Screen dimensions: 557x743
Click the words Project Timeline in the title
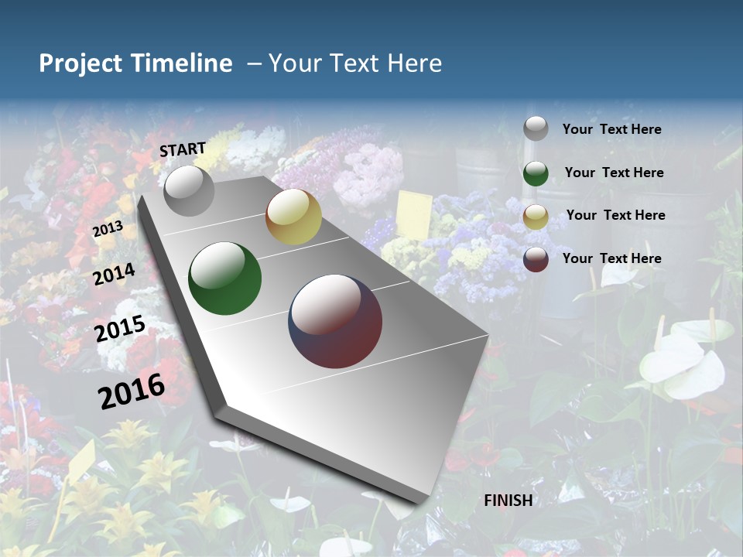135,63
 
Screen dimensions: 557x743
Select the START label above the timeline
183,149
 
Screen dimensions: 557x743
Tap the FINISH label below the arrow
508,501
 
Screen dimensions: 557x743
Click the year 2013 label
108,229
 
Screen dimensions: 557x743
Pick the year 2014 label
114,274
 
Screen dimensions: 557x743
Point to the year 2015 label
120,330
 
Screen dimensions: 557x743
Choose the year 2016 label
132,391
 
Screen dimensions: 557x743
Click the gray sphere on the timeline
189,190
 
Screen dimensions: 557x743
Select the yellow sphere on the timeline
293,217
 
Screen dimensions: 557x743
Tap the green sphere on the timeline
225,278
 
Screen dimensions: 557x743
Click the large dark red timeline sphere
335,321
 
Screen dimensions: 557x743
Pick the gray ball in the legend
536,129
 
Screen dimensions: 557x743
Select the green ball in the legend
536,173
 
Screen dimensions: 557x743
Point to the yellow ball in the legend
536,217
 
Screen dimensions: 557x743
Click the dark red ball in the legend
536,259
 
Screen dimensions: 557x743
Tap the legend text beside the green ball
614,173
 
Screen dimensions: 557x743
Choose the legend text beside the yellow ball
615,215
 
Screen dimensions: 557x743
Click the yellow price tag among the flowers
414,214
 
